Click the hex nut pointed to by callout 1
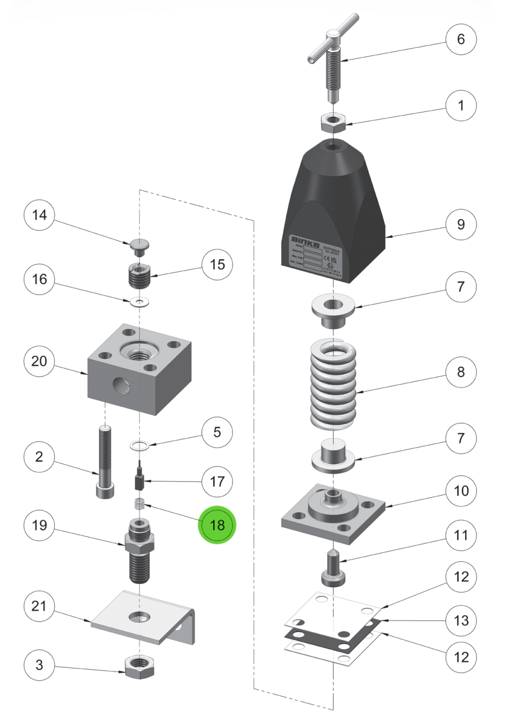(x=334, y=121)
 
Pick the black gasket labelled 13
(x=332, y=637)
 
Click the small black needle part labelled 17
(x=140, y=480)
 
